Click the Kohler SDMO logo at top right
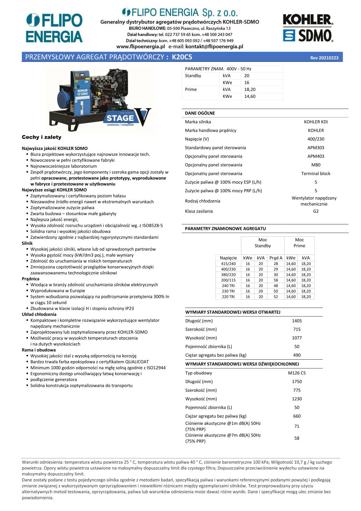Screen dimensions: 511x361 click(308, 28)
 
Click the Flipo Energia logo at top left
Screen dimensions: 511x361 click(54, 28)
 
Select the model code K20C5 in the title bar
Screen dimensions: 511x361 click(182, 57)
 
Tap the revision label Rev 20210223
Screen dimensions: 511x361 click(324, 58)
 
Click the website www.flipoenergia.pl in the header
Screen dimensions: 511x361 click(140, 46)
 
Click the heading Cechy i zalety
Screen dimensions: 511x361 click(42, 137)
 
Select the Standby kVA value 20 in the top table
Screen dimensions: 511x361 click(247, 75)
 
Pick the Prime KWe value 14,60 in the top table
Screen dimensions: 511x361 click(250, 96)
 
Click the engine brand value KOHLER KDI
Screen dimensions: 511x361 click(316, 122)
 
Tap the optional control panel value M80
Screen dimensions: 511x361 click(316, 165)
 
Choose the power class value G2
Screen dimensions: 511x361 click(316, 211)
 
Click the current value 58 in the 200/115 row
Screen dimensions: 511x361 click(276, 280)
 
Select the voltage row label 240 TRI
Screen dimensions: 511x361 click(228, 286)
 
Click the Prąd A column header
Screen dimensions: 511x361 click(276, 258)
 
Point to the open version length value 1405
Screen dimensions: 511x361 click(297, 321)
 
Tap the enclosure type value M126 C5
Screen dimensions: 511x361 click(297, 373)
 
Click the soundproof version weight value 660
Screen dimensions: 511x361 click(297, 416)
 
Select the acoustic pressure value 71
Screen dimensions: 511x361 click(297, 426)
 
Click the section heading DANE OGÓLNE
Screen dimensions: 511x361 click(200, 113)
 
